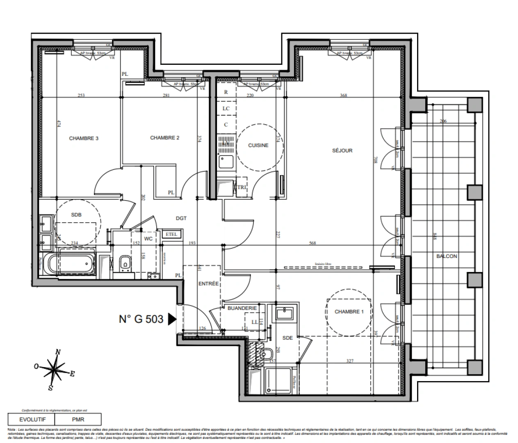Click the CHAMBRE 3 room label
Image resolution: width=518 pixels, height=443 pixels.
pos(83,138)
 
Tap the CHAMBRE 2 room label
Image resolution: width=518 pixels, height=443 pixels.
pos(164,138)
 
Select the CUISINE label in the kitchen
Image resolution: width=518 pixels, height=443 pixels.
pos(258,145)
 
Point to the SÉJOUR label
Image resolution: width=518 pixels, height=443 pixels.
pos(342,151)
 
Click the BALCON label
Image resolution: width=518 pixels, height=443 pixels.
pos(447,256)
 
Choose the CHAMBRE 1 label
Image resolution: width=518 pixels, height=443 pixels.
pos(349,312)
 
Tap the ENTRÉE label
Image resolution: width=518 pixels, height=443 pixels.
pos(208,283)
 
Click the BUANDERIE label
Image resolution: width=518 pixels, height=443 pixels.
pos(242,308)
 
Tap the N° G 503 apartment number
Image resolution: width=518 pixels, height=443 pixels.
pos(141,319)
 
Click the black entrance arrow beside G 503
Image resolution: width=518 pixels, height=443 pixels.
pos(172,319)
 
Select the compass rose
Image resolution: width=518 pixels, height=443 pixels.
pos(55,368)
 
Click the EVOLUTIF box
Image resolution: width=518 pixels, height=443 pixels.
pos(32,420)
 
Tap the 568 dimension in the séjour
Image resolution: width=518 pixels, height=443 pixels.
pos(313,243)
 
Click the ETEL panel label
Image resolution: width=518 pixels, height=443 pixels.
pos(171,234)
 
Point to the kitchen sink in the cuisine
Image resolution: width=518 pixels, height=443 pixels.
pos(226,162)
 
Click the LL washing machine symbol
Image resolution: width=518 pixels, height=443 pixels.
pos(254,322)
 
